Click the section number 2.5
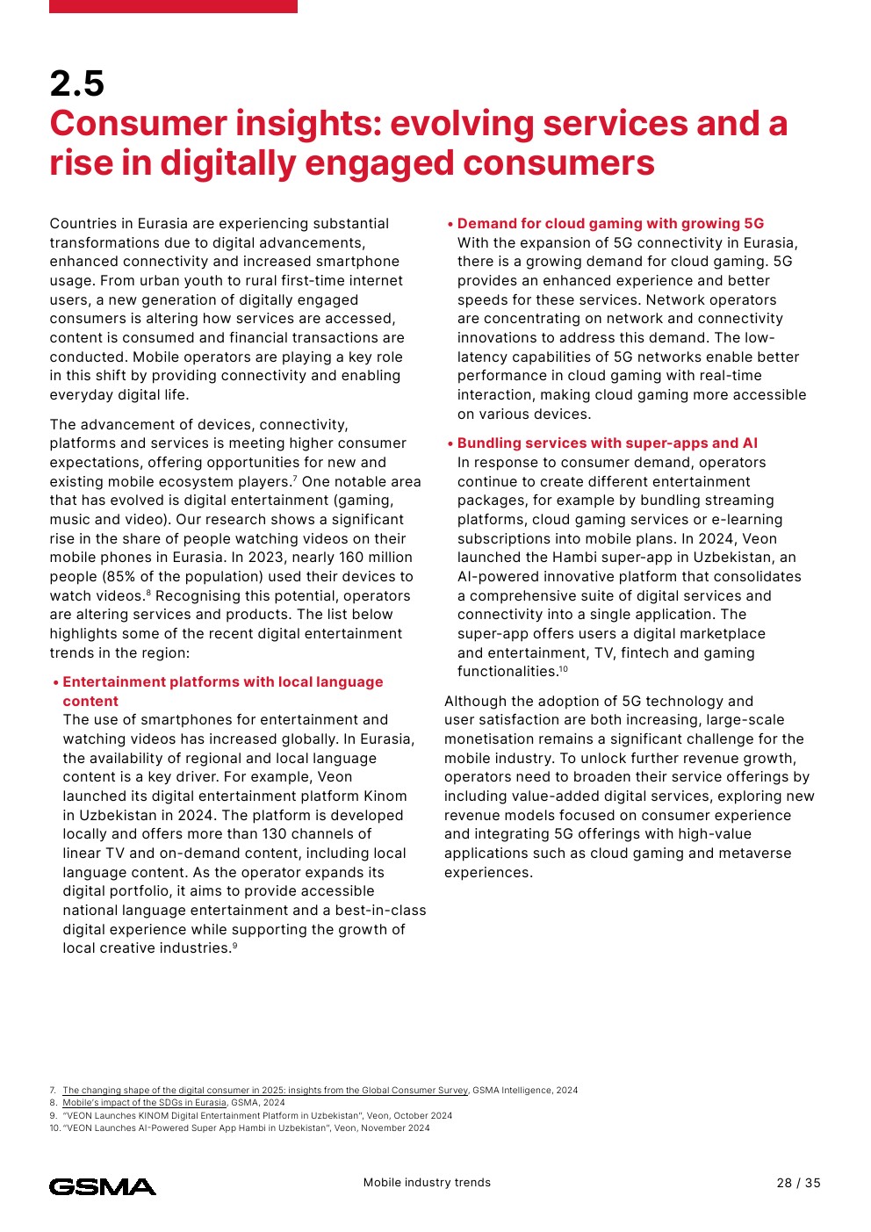[77, 84]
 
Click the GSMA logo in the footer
[103, 1187]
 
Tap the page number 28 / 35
[798, 1183]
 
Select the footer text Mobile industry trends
[427, 1183]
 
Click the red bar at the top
[173, 6]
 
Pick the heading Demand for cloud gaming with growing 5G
[610, 224]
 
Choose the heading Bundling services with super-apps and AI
[607, 443]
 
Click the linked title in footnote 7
[265, 1091]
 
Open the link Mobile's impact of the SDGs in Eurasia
[144, 1103]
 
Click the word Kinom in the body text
[385, 796]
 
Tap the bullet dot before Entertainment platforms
[55, 683]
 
